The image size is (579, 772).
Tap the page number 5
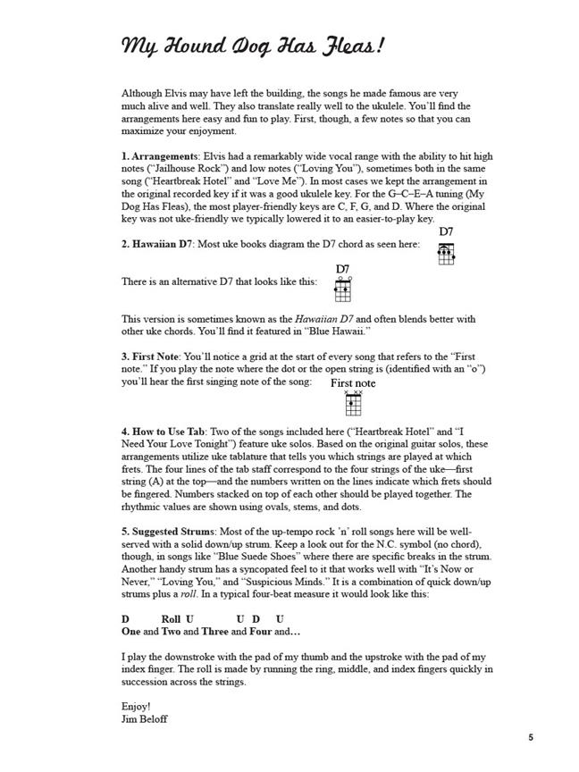click(531, 738)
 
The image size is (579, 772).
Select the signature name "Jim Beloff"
click(144, 718)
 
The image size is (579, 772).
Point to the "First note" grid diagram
click(353, 404)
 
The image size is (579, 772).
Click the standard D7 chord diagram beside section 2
click(446, 255)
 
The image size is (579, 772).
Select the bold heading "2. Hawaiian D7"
click(160, 244)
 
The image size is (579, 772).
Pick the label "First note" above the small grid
click(353, 383)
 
